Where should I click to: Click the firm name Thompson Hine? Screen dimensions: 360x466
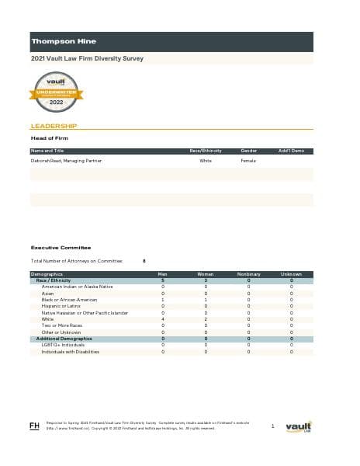point(59,40)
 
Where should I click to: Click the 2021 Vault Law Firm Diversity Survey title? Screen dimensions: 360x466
point(87,58)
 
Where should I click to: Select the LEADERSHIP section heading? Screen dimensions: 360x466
point(53,125)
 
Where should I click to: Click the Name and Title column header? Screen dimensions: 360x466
point(47,150)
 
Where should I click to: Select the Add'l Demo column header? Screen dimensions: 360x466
point(291,150)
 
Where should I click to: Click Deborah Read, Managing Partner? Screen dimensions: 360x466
point(66,161)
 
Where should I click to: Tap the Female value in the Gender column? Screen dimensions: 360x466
point(248,161)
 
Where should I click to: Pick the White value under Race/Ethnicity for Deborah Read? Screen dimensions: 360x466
point(206,161)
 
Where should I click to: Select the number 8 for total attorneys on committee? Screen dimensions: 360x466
point(145,261)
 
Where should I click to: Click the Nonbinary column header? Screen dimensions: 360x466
point(248,274)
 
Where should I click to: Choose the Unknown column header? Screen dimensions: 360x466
point(291,274)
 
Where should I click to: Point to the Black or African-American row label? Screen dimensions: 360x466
point(69,300)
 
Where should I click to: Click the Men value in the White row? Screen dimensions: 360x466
point(163,319)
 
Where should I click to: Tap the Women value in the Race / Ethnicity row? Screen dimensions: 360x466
point(206,280)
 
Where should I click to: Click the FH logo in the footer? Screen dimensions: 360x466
point(34,426)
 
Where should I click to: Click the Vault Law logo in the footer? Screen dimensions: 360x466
point(298,426)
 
